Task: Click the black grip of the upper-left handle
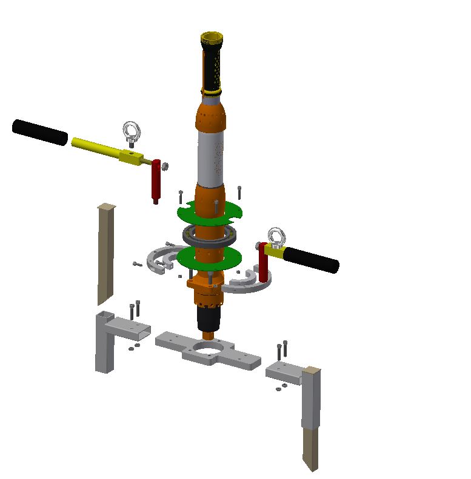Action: click(x=39, y=133)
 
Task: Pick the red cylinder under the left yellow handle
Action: click(x=156, y=181)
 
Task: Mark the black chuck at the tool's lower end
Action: click(x=210, y=318)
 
